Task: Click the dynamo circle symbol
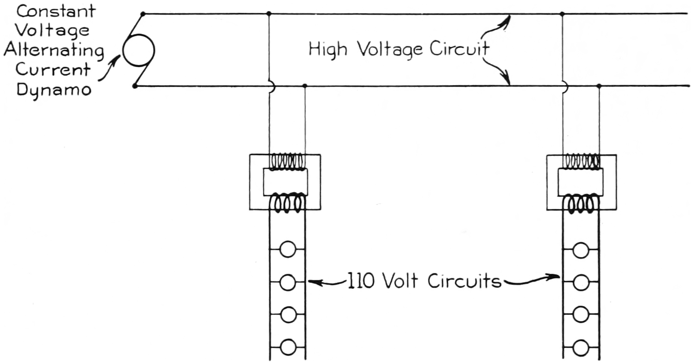click(139, 50)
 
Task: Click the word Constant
click(56, 11)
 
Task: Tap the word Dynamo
click(54, 90)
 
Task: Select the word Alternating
click(54, 50)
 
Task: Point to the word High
click(327, 49)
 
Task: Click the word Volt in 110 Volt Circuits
click(400, 281)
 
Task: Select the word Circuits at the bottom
click(465, 281)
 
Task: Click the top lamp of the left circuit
click(288, 250)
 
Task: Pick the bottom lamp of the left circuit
click(288, 347)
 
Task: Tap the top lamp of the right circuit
click(581, 250)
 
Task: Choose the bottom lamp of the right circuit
click(581, 347)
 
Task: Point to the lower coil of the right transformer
click(581, 204)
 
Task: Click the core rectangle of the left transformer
click(285, 182)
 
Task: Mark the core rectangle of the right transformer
click(580, 182)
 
